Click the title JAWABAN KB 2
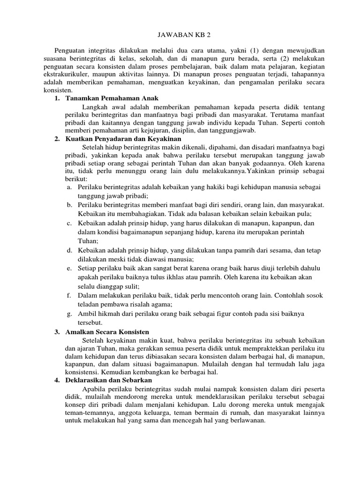coord(180,34)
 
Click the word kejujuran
coord(171,130)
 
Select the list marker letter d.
coord(69,250)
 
